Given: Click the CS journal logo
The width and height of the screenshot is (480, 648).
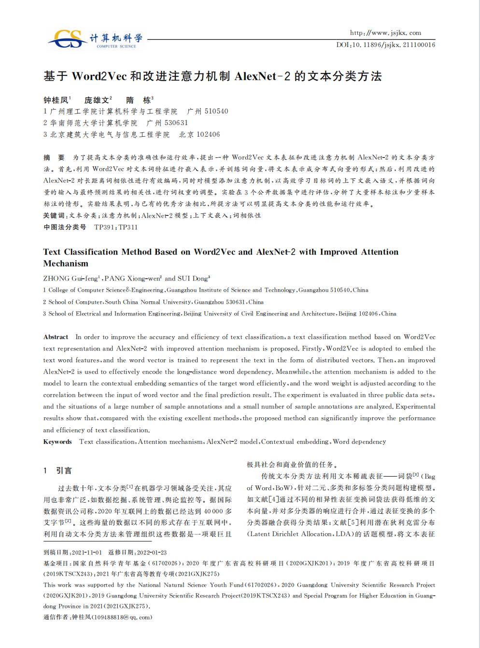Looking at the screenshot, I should [69, 39].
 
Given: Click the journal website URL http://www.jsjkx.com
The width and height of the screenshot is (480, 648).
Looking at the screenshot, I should [385, 33].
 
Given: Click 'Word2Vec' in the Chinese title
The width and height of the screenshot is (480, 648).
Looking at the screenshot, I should [99, 76].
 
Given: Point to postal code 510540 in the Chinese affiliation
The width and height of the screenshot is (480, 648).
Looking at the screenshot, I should [216, 112].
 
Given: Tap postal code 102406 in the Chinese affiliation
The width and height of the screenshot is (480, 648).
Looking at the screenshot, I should [208, 135].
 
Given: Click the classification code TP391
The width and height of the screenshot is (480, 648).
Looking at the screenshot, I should [105, 227].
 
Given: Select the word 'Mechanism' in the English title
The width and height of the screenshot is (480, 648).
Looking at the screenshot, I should [66, 264].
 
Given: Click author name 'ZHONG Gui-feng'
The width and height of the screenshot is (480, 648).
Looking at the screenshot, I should [71, 279].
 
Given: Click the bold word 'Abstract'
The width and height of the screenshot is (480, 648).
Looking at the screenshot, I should [56, 337].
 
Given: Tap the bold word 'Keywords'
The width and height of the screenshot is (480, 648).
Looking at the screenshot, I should [57, 442].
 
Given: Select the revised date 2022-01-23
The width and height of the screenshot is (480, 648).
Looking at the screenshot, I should [152, 552].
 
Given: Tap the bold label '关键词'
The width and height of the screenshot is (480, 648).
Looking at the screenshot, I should [54, 216].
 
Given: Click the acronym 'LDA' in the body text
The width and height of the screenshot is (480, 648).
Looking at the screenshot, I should [342, 534].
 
